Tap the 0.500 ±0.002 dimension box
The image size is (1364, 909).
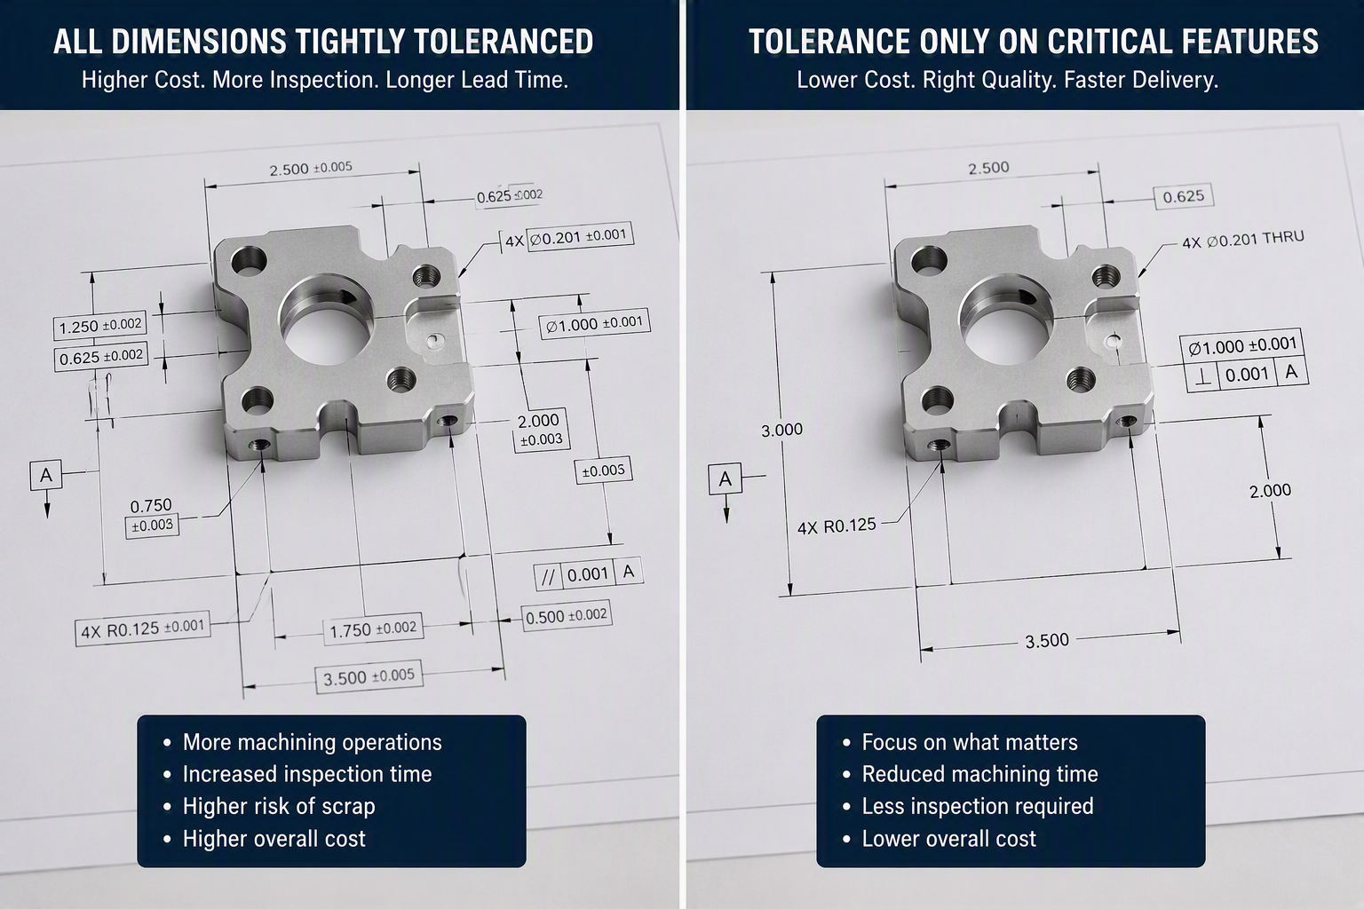coord(567,616)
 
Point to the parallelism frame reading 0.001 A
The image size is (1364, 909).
coord(588,573)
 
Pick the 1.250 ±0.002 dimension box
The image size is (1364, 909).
coord(100,326)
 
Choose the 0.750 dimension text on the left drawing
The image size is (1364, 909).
coord(151,505)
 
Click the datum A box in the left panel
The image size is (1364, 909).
coord(46,475)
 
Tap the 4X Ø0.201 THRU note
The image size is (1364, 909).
coord(1243,240)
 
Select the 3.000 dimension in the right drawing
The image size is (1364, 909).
coord(781,430)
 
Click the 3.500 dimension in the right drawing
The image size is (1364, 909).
coord(1047,641)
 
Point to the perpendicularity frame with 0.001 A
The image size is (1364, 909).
coord(1247,373)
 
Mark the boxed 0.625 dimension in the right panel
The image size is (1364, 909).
coord(1183,197)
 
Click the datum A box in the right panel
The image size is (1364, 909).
coord(725,479)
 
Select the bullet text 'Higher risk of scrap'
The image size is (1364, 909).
coord(279,806)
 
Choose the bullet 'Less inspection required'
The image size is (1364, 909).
coord(978,806)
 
